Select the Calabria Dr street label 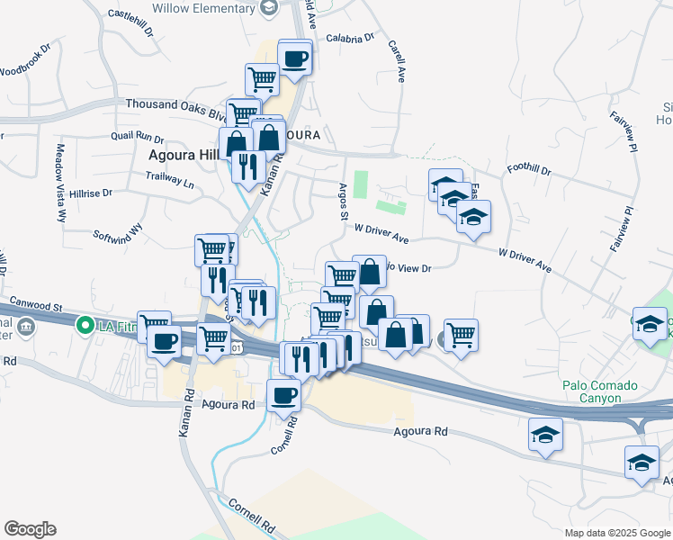[349, 39]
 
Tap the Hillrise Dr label [90, 193]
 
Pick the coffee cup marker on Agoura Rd [285, 394]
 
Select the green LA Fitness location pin [85, 324]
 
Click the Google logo [30, 529]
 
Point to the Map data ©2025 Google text [617, 533]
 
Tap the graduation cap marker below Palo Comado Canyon [545, 436]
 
